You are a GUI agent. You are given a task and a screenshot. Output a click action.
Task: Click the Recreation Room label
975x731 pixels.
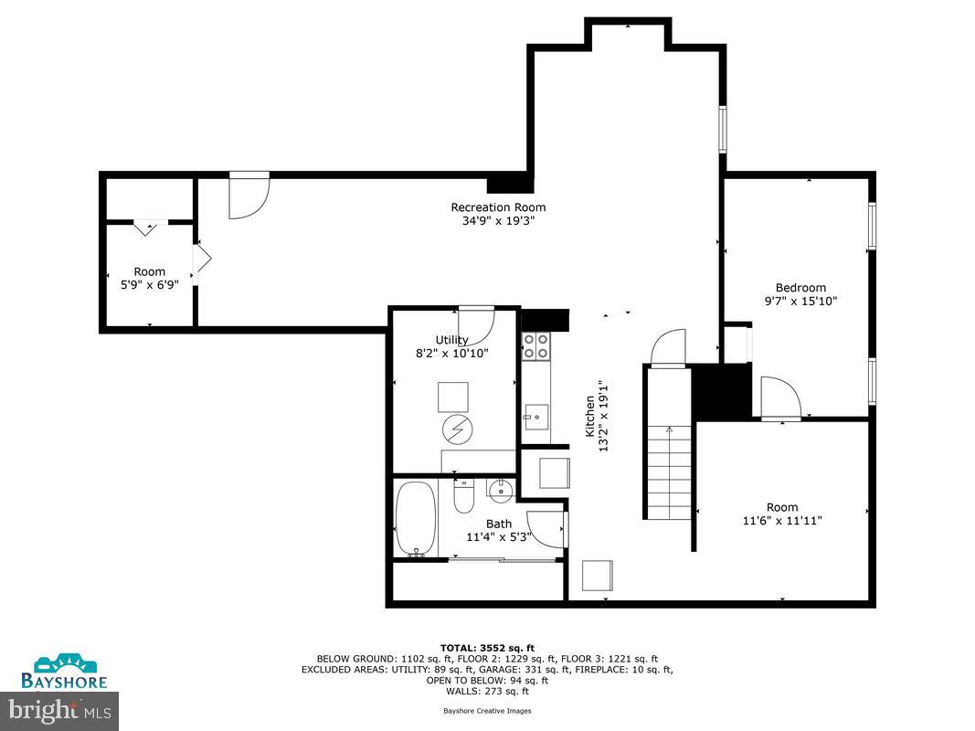pyautogui.click(x=498, y=207)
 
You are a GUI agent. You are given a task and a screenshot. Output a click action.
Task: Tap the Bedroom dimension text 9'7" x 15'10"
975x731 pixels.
pyautogui.click(x=800, y=301)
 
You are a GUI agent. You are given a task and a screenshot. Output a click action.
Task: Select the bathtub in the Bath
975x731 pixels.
pyautogui.click(x=416, y=519)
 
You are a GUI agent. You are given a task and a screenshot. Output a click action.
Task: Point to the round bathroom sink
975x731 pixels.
pyautogui.click(x=501, y=491)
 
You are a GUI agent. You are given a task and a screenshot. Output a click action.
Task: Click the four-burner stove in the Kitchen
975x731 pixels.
pyautogui.click(x=535, y=345)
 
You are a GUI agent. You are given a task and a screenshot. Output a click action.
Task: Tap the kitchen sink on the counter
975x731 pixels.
pyautogui.click(x=535, y=417)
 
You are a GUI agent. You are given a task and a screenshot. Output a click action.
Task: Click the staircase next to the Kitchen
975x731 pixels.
pyautogui.click(x=669, y=471)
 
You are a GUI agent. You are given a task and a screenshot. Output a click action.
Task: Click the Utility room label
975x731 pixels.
pyautogui.click(x=451, y=340)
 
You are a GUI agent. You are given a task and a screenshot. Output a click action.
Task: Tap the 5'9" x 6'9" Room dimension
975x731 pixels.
pyautogui.click(x=150, y=284)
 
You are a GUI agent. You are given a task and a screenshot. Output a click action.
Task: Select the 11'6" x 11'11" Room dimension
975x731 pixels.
pyautogui.click(x=781, y=520)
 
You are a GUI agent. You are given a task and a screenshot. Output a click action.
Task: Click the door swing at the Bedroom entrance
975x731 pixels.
pyautogui.click(x=779, y=397)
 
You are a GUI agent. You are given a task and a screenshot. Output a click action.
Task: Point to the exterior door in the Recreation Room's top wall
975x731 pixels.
pyautogui.click(x=249, y=195)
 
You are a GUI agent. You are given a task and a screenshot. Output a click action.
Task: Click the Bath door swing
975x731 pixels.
pyautogui.click(x=546, y=529)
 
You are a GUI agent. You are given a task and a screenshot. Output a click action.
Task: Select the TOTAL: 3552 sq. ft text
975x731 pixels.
pyautogui.click(x=487, y=647)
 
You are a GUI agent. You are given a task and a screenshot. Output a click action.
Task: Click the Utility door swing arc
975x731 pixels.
pyautogui.click(x=476, y=325)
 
